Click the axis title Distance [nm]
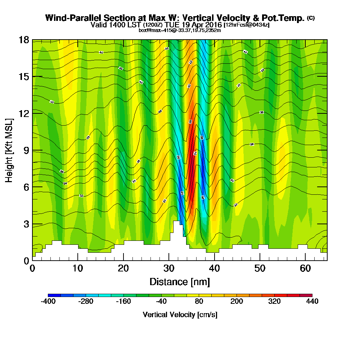click(x=180, y=281)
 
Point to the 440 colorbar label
click(x=312, y=302)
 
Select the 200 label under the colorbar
click(x=237, y=302)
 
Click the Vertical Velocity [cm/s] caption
click(x=180, y=315)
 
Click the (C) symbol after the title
click(x=311, y=18)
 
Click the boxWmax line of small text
click(x=180, y=30)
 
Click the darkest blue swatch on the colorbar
click(x=54, y=295)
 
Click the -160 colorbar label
click(x=123, y=302)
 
